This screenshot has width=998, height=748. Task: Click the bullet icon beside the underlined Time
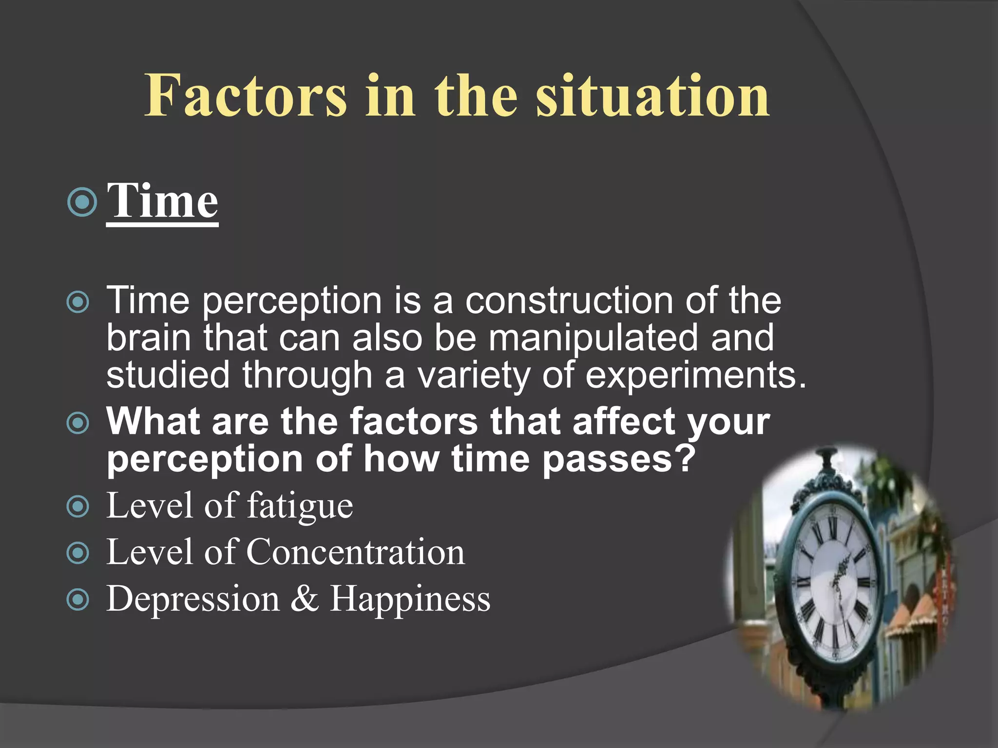point(82,202)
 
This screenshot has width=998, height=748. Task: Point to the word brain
point(148,338)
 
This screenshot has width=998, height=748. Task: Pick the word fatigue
point(300,506)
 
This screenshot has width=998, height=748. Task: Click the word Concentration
point(355,552)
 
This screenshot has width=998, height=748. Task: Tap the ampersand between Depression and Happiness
point(305,598)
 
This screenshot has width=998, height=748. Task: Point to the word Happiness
point(410,598)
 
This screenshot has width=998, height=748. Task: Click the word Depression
point(193,598)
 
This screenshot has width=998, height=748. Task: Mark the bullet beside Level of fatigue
point(78,507)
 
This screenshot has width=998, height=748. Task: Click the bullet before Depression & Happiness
point(78,600)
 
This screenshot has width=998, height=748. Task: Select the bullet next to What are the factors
point(78,423)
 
